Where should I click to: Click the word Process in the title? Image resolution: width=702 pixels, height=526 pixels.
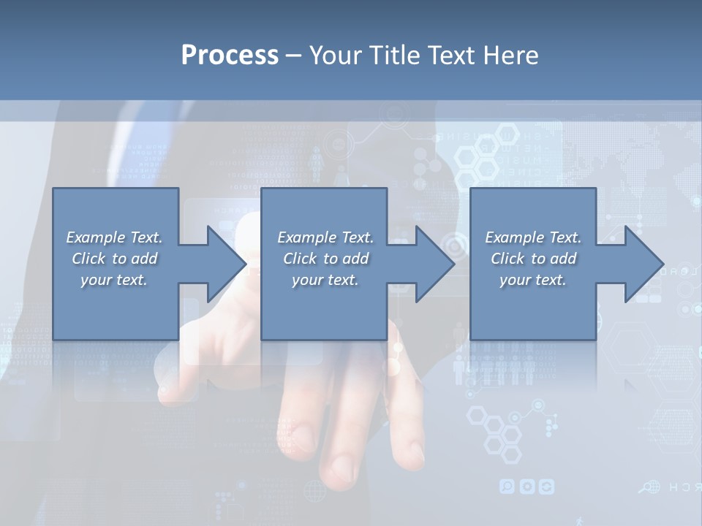230,56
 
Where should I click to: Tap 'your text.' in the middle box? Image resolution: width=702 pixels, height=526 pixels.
325,280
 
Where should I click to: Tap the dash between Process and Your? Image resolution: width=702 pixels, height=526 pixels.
293,56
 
